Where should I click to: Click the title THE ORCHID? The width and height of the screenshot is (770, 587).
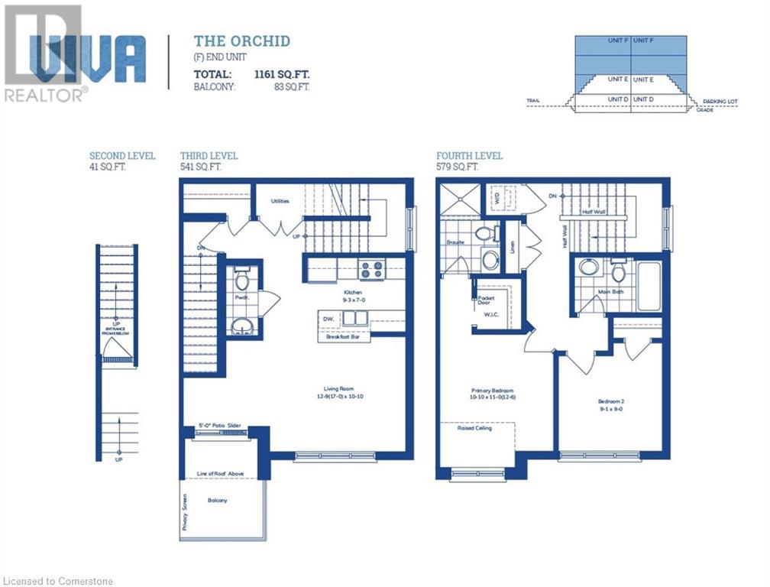pos(241,41)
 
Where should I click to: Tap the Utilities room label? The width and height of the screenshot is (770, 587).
pos(280,201)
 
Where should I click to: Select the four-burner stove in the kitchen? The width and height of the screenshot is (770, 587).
pos(372,269)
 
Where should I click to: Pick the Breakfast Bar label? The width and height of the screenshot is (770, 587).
pos(343,336)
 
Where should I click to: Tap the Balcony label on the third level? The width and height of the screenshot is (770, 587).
pos(218,501)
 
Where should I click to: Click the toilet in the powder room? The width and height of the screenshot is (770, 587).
pos(242,277)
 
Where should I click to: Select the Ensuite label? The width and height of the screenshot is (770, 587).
pos(455,242)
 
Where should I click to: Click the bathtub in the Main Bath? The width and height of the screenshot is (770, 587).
pos(649,287)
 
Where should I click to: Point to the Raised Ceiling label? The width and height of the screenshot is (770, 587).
pos(476,428)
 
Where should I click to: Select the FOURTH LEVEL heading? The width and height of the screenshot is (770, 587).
pos(469,156)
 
